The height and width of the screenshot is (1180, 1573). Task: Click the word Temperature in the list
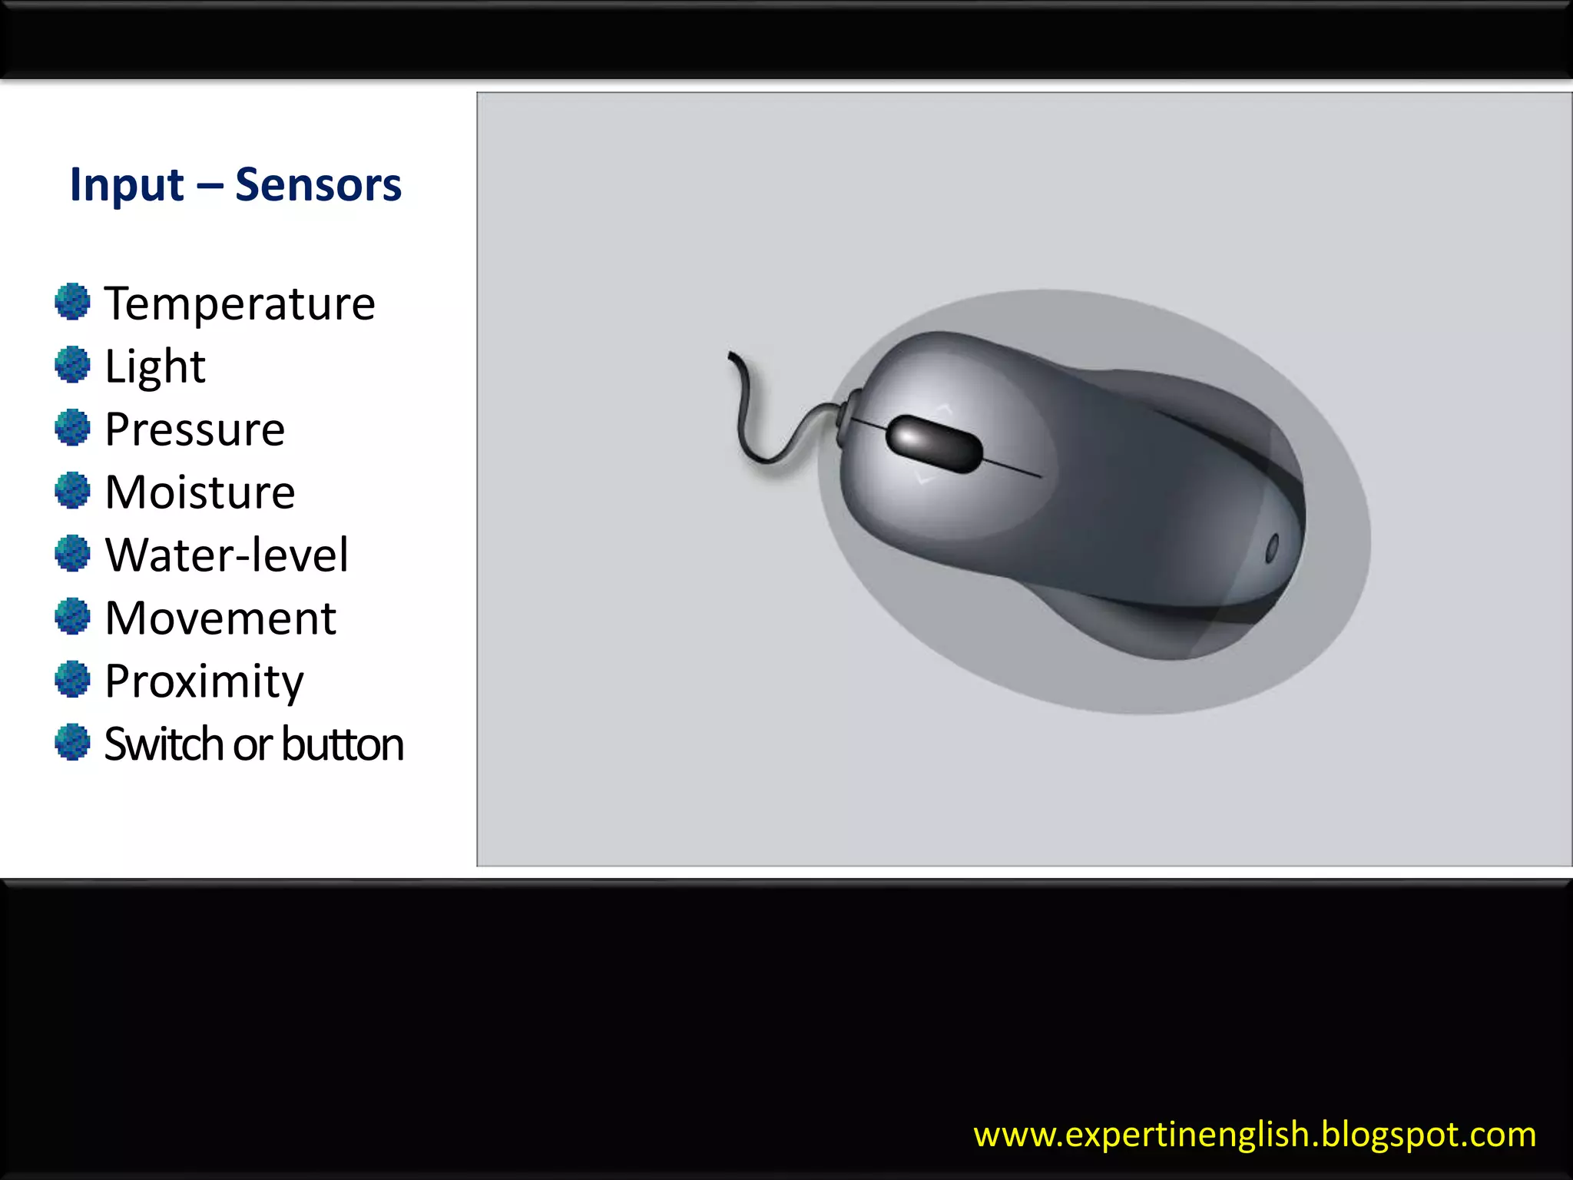coord(240,303)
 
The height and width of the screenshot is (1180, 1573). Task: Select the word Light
coord(154,366)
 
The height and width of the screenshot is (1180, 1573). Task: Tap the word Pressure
coord(194,429)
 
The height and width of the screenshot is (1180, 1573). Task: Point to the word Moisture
coord(200,492)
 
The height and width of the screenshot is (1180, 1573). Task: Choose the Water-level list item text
coord(227,555)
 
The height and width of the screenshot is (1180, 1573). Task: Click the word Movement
coord(220,618)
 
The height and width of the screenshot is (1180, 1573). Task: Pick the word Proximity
coord(204,681)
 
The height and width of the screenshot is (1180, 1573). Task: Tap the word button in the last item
coord(343,744)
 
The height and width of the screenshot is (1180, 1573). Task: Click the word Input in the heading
coord(127,185)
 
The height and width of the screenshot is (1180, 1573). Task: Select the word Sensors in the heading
coord(318,185)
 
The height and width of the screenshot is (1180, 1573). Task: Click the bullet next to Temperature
coord(73,301)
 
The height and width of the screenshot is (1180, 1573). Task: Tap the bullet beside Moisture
coord(73,490)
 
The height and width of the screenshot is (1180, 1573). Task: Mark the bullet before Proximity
coord(73,679)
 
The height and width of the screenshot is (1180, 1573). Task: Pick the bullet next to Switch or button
coord(73,742)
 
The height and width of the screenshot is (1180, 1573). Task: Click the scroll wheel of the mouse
coord(934,443)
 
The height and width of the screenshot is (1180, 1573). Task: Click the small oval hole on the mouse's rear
coord(1271,548)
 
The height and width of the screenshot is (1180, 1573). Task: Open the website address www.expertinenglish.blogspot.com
coord(1254,1135)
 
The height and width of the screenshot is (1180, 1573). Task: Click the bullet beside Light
coord(73,364)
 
